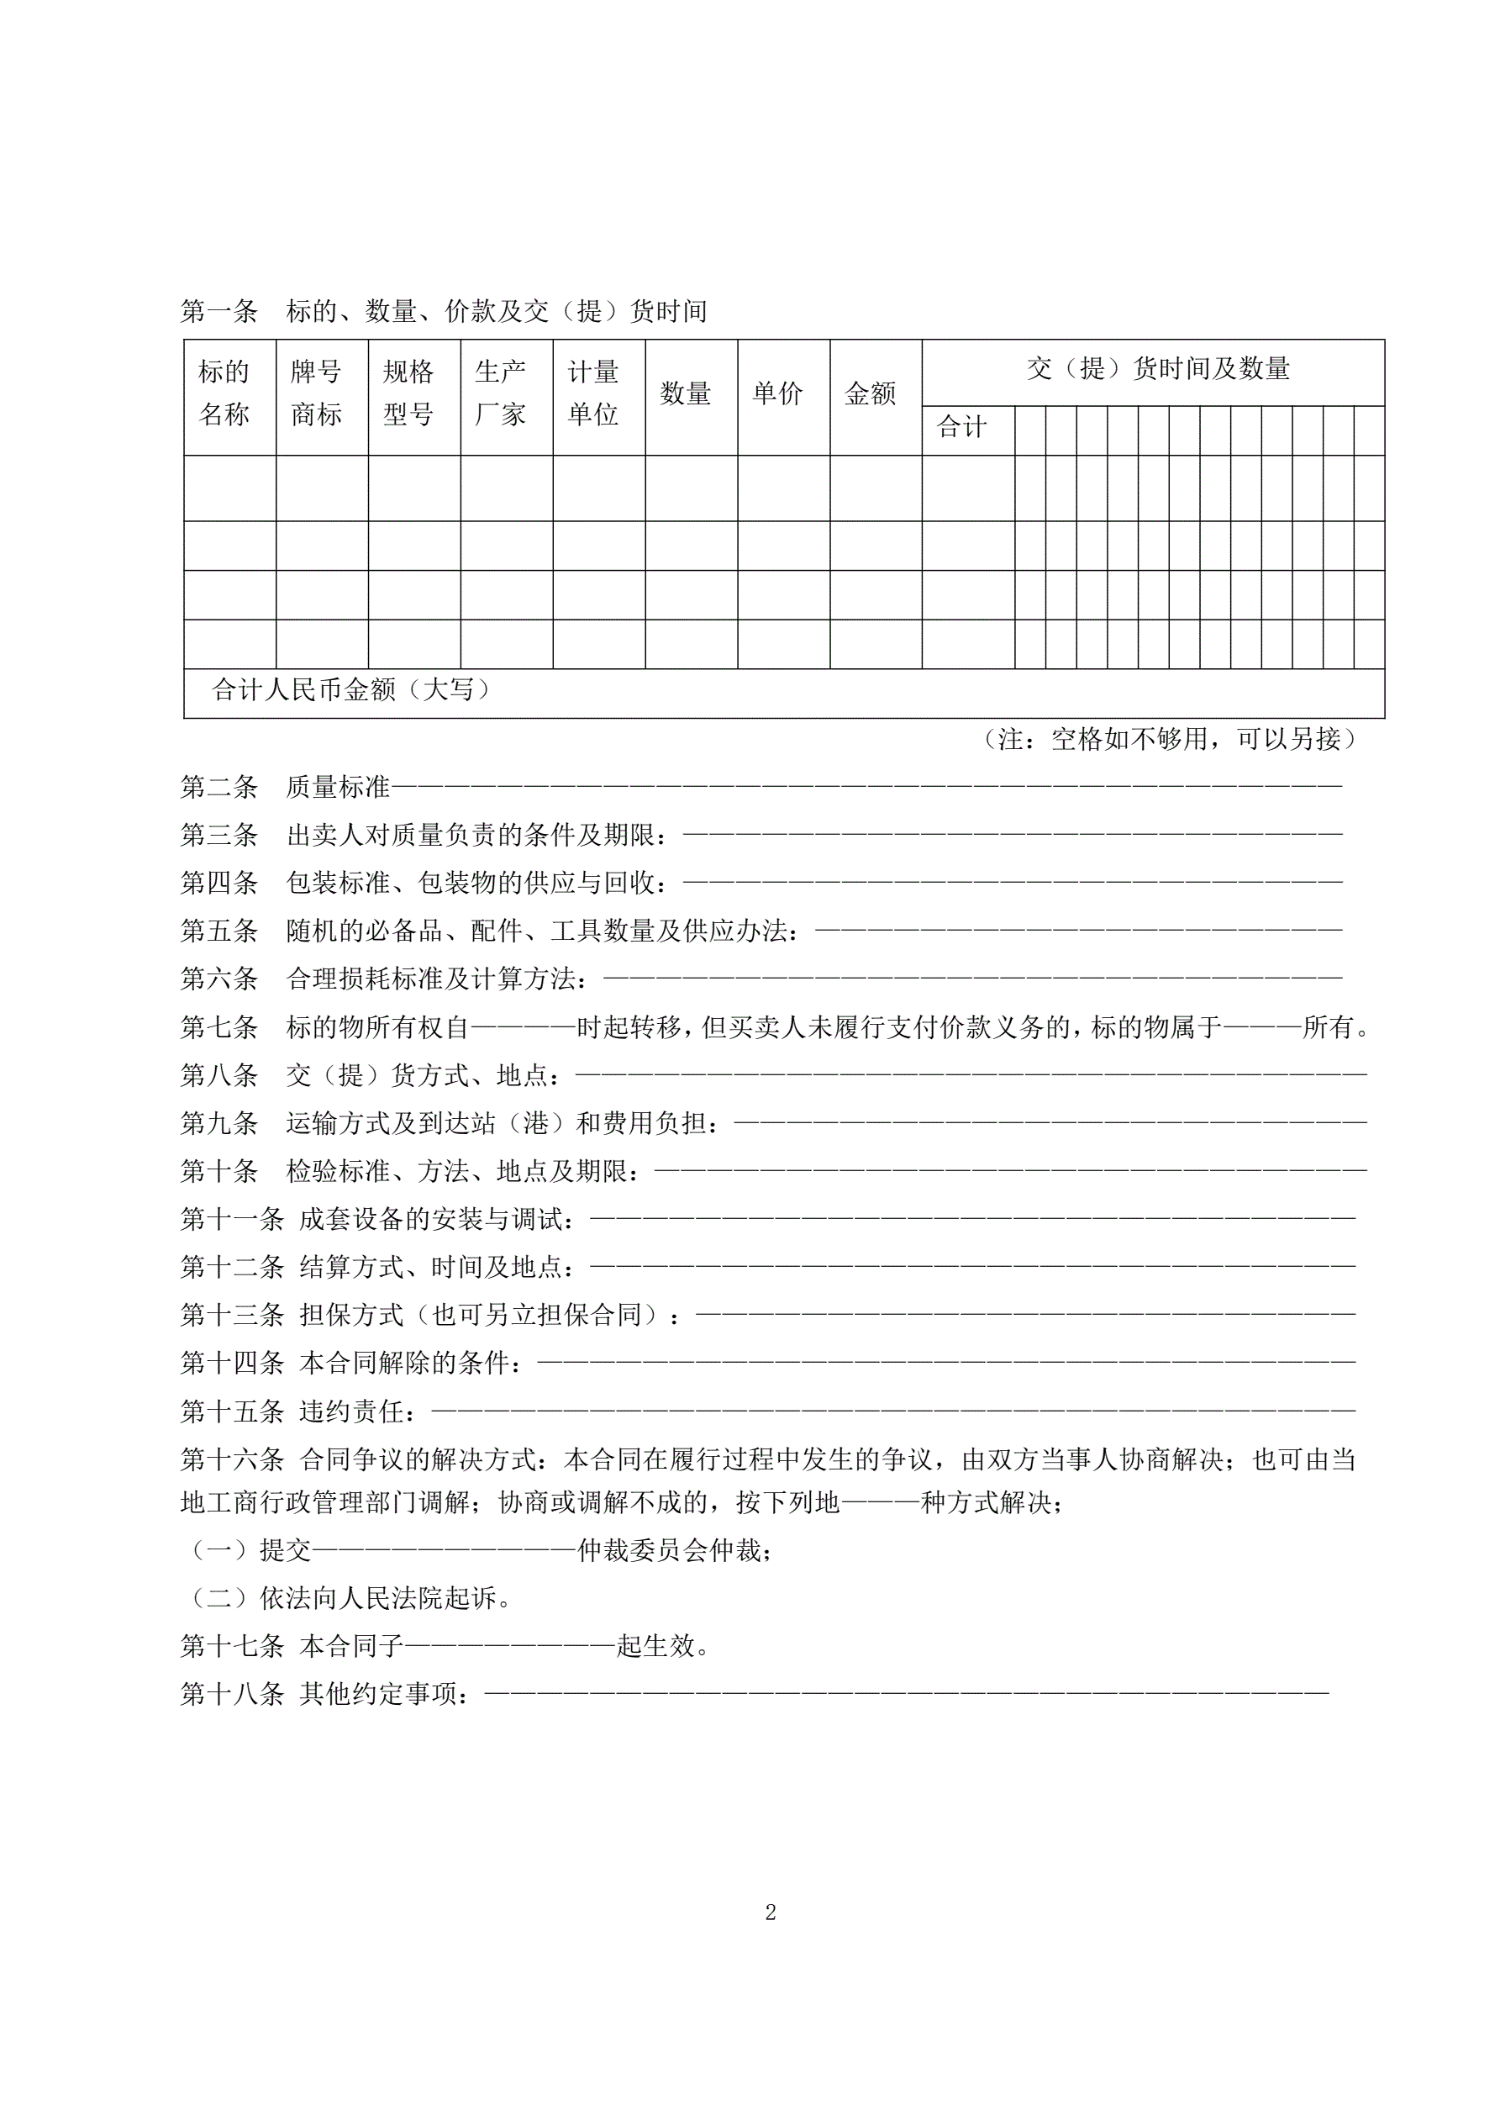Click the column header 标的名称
pyautogui.click(x=224, y=393)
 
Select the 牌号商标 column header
pyautogui.click(x=317, y=393)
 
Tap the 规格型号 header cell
pyautogui.click(x=409, y=393)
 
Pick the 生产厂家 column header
pyautogui.click(x=502, y=393)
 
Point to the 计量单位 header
pyautogui.click(x=594, y=393)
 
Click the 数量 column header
pyautogui.click(x=686, y=394)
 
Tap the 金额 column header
pyautogui.click(x=870, y=394)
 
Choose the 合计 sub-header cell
pyautogui.click(x=962, y=428)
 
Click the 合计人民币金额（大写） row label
pyautogui.click(x=351, y=690)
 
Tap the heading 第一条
pyautogui.click(x=218, y=312)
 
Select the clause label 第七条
pyautogui.click(x=218, y=1027)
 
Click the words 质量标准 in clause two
pyautogui.click(x=338, y=787)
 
